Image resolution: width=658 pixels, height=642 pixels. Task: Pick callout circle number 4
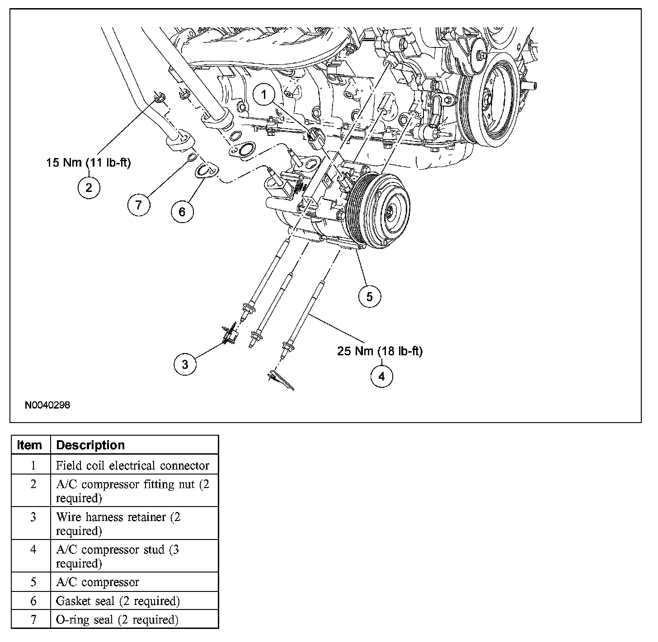(x=381, y=376)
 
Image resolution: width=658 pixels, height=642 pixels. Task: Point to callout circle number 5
(x=370, y=297)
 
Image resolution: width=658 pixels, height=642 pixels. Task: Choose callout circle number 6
(x=182, y=211)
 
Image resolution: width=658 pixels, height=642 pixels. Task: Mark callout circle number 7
(x=138, y=205)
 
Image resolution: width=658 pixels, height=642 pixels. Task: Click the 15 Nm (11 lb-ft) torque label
(x=89, y=163)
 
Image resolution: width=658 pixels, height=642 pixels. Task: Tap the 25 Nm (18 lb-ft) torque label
(x=380, y=351)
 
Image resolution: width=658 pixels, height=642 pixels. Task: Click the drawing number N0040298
(x=47, y=405)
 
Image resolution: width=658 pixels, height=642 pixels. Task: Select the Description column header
(x=90, y=445)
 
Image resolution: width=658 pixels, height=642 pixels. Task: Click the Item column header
(x=29, y=445)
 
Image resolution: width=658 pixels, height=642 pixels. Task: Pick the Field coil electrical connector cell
(x=132, y=465)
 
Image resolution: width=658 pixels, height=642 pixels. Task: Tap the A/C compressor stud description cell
(x=117, y=556)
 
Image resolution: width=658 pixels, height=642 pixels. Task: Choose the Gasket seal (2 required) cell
(x=118, y=601)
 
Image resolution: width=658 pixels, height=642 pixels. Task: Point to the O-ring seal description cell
(x=117, y=620)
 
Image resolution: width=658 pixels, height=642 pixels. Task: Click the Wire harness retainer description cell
(x=118, y=524)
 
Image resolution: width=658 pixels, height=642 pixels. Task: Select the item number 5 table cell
(x=33, y=582)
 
